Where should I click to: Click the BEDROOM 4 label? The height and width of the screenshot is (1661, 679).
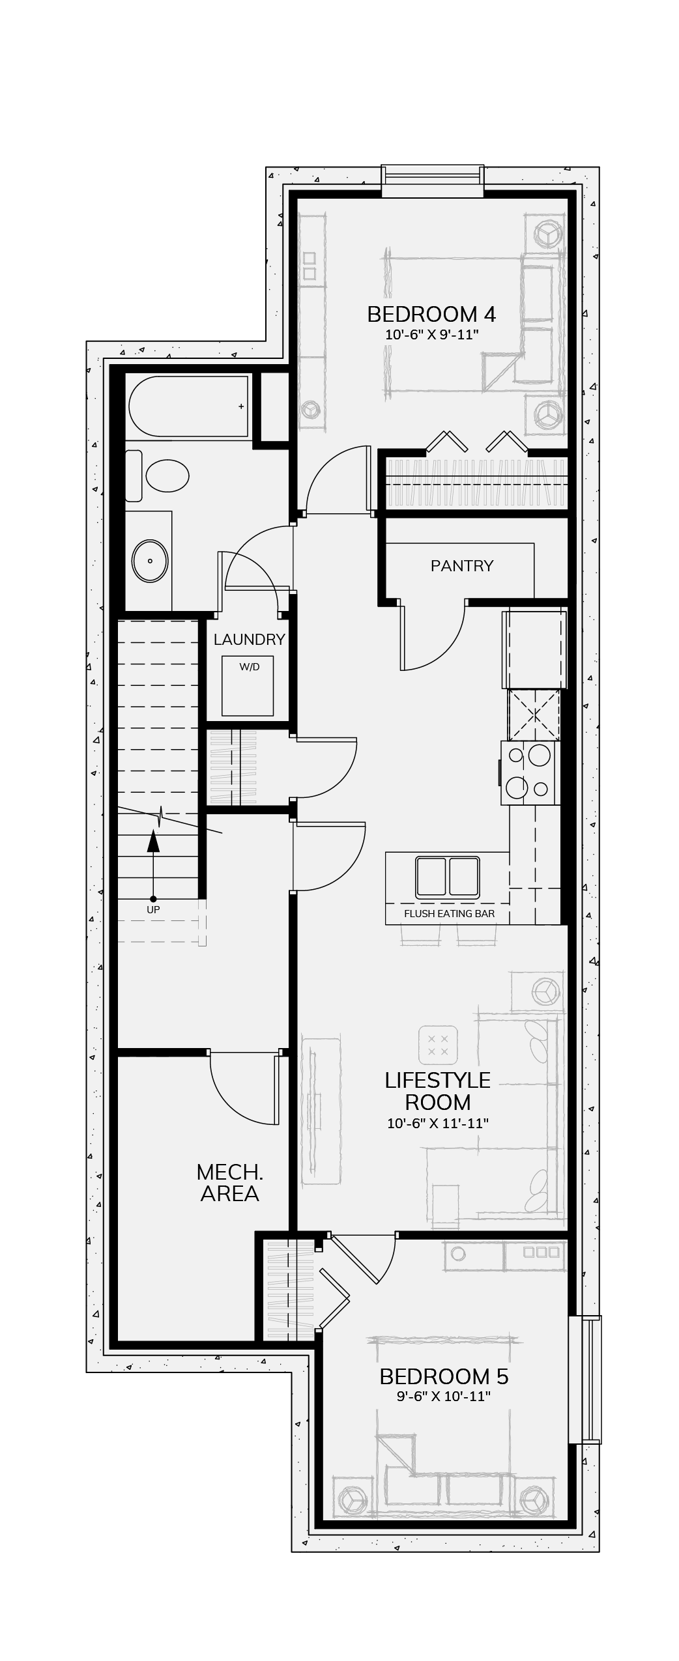[431, 315]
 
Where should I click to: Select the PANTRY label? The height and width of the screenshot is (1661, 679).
[462, 565]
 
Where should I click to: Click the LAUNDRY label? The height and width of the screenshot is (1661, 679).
[250, 640]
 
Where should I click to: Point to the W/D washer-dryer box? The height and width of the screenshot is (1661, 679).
[248, 686]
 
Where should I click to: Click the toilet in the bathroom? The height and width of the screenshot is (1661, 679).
[157, 476]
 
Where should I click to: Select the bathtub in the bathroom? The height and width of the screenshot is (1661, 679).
[188, 406]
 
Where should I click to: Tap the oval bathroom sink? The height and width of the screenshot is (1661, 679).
[151, 561]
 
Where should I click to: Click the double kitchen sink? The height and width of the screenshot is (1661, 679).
[448, 876]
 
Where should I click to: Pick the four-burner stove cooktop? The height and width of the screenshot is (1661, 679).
[530, 773]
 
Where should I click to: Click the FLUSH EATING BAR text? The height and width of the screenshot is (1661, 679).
[450, 913]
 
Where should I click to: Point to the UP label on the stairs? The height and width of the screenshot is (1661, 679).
[153, 909]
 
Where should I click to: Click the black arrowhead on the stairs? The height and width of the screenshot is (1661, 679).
[153, 840]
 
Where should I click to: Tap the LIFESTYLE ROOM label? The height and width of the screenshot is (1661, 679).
[438, 1091]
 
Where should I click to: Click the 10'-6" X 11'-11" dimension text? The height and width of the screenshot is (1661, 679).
[438, 1123]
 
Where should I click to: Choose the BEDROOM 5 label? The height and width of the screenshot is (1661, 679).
[444, 1376]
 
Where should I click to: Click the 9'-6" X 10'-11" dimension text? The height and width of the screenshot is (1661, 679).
[444, 1397]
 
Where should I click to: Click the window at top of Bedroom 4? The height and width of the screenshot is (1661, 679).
[433, 181]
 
